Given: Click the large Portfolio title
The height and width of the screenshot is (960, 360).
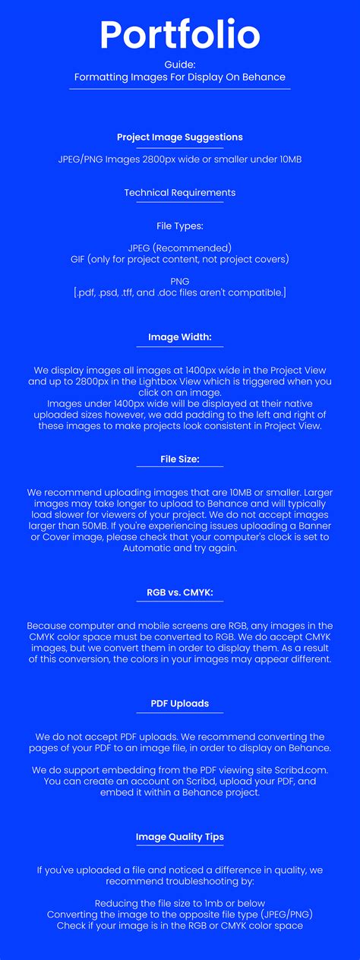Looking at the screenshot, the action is point(180,35).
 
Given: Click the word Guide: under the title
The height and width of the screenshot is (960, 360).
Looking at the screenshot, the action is point(180,65).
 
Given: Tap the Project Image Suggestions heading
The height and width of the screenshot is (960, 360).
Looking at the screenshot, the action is point(180,137).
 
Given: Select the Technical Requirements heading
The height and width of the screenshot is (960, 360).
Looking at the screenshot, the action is point(180,192).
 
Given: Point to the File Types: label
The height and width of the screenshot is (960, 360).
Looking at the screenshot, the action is point(180,226).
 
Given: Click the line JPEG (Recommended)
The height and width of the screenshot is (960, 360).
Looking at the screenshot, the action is point(180,248).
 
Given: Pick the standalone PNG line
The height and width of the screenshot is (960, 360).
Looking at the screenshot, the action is point(180,281).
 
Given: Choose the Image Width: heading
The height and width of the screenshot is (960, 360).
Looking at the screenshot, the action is point(180,336).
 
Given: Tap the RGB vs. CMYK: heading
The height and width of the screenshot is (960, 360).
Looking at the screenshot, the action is point(180,592).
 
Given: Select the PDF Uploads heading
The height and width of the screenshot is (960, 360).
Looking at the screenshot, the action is point(180,703).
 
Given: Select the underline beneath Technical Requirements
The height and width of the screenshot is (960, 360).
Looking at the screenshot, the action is point(180,202).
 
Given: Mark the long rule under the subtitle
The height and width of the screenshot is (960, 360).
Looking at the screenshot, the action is point(180,89).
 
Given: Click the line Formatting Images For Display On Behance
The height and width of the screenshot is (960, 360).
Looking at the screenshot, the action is point(180,77).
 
